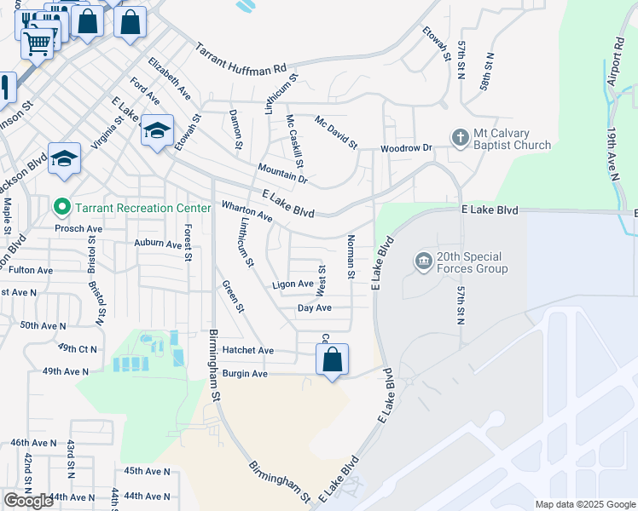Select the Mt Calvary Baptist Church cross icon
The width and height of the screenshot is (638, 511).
460,138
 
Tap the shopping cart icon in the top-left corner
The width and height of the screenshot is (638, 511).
37,42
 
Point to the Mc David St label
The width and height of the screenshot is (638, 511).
335,131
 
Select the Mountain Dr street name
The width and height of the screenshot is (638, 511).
281,174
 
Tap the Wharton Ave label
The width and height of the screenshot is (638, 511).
246,212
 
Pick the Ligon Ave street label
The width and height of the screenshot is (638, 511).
292,284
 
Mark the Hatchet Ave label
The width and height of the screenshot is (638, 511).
247,350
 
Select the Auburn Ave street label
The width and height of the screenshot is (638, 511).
158,243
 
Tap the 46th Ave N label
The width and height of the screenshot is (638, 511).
32,444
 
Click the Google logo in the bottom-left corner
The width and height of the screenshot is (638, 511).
28,501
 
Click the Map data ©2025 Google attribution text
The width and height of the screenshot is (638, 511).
584,504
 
